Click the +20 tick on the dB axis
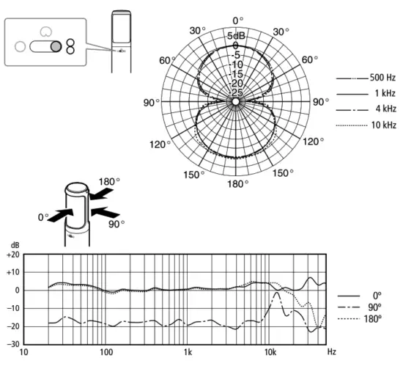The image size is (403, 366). [x=12, y=255]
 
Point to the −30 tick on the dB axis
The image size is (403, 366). [x=12, y=343]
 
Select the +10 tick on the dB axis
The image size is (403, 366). [x=12, y=272]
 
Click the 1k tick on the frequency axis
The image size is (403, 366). [x=188, y=353]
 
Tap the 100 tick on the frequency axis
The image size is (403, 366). [x=106, y=353]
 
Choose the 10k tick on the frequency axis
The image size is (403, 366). [x=270, y=353]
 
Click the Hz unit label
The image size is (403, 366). [x=332, y=353]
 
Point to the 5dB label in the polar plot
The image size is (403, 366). [x=236, y=36]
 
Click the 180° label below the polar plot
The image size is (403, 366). [x=236, y=183]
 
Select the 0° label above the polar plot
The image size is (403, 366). [x=236, y=21]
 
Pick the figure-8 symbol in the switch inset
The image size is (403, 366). [x=70, y=46]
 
